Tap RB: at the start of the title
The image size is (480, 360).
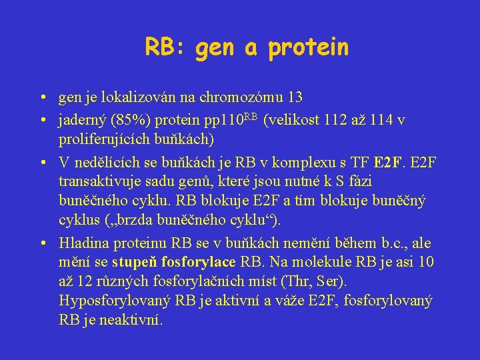click(166, 47)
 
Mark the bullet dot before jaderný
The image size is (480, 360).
click(42, 121)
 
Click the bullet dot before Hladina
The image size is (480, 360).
click(42, 243)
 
